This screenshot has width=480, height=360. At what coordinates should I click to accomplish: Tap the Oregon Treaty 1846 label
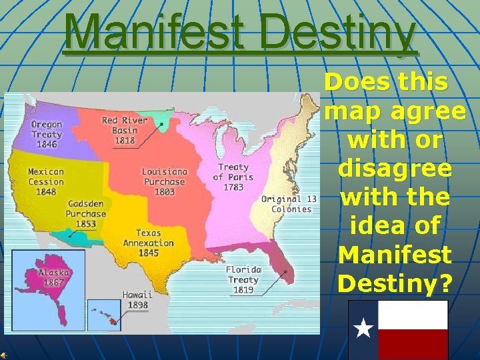tap(46, 134)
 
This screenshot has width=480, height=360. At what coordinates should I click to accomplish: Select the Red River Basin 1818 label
tap(119, 130)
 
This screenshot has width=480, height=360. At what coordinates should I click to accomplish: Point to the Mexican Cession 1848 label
tap(46, 181)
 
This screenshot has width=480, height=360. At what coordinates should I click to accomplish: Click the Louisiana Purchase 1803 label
tap(165, 181)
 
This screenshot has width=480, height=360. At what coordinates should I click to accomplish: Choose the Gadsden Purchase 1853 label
tap(86, 213)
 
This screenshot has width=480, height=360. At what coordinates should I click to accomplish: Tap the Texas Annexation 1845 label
tap(147, 243)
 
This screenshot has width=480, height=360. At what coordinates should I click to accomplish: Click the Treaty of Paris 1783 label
tap(233, 177)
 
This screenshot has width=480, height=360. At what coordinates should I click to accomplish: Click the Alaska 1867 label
tap(53, 277)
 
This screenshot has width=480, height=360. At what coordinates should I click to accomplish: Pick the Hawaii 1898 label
tap(137, 299)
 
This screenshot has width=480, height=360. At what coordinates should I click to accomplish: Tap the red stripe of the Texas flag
tap(413, 344)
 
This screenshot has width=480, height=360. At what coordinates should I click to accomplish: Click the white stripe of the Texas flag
tap(413, 315)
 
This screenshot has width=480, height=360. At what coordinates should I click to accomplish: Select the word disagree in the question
tap(395, 169)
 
